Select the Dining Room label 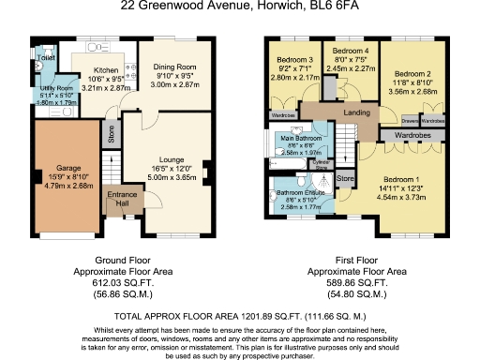pyautogui.click(x=174, y=67)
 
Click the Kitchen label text pyautogui.click(x=105, y=69)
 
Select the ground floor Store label pyautogui.click(x=112, y=135)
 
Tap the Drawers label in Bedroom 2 pyautogui.click(x=410, y=121)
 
